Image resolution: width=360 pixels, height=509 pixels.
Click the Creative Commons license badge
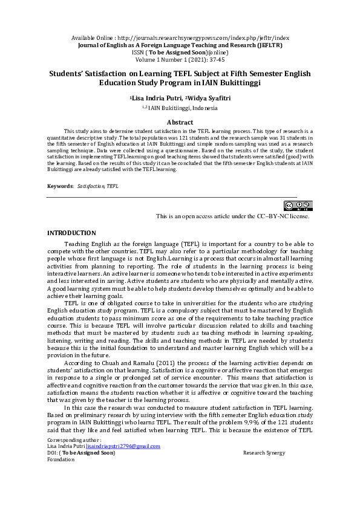click(298, 206)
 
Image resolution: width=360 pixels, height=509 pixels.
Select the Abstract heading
click(180, 122)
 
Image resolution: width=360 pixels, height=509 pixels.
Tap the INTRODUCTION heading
click(71, 233)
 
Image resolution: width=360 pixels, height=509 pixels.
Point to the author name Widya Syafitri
click(208, 97)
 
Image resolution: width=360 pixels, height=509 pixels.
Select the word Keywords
click(60, 186)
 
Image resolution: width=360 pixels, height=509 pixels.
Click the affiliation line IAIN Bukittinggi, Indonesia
click(183, 108)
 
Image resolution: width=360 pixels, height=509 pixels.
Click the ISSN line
click(180, 52)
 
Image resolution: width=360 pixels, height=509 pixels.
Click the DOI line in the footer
click(81, 453)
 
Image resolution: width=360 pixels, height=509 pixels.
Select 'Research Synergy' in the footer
click(264, 453)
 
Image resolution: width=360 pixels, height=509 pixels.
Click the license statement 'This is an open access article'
click(232, 216)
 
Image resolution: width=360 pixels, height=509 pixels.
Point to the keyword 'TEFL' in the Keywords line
click(113, 186)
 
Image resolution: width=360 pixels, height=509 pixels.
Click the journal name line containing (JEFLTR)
click(180, 45)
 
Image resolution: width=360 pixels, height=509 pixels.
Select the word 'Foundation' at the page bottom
click(61, 459)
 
